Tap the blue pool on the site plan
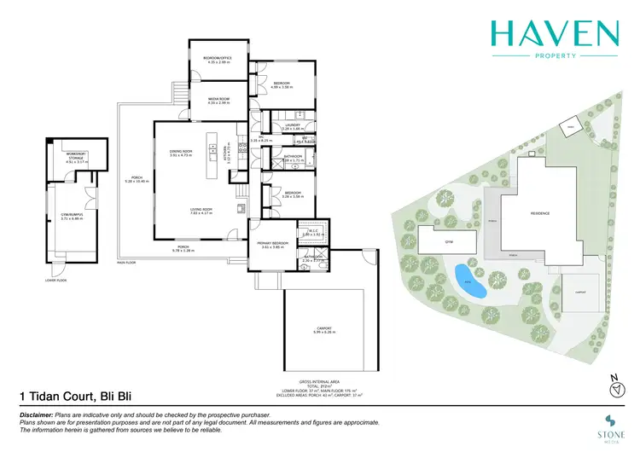tap(468, 282)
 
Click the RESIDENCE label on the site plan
tap(540, 213)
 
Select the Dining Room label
tap(181, 152)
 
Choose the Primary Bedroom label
tap(273, 244)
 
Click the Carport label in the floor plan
tap(323, 328)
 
